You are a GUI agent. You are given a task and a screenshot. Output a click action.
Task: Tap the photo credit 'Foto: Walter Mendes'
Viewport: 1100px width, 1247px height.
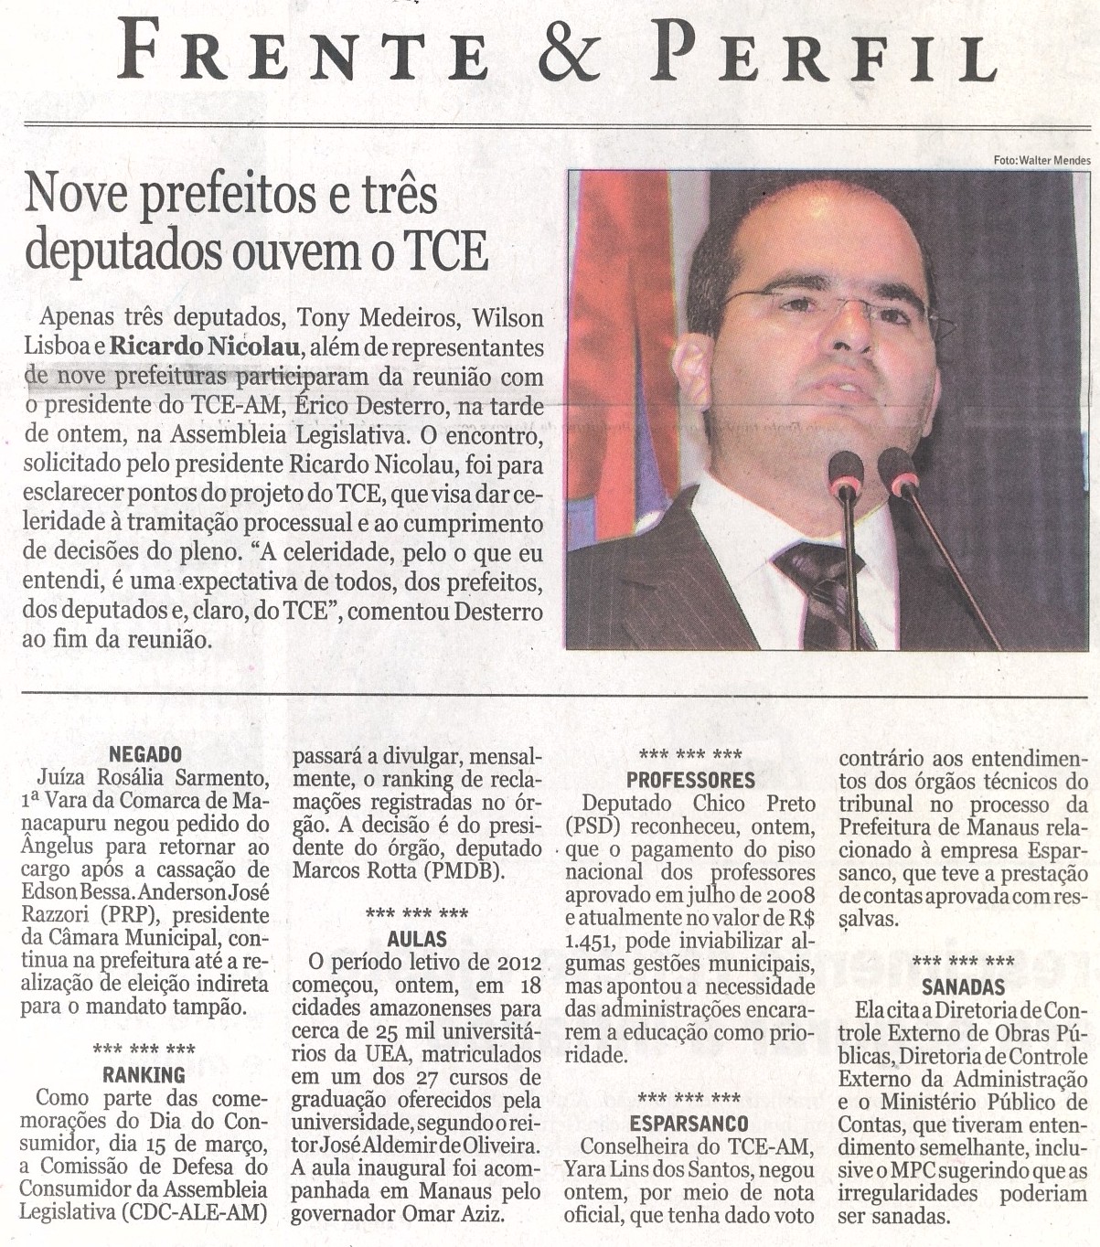point(1041,161)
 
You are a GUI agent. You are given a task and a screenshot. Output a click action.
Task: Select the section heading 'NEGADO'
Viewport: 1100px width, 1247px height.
point(144,754)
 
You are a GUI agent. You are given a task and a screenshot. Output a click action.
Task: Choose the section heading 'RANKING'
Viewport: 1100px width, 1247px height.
point(144,1074)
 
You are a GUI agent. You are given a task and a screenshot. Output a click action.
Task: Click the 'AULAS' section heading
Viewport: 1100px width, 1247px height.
point(417,938)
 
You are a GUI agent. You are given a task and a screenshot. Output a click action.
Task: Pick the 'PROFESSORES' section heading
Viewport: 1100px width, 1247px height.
point(690,780)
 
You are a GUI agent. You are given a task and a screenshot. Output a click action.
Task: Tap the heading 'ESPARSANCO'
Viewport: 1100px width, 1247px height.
point(689,1123)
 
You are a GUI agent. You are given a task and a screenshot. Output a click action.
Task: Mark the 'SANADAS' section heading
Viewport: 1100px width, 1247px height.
point(963,986)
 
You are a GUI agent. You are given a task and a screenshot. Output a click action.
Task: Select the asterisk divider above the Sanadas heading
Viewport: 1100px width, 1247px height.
point(963,962)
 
